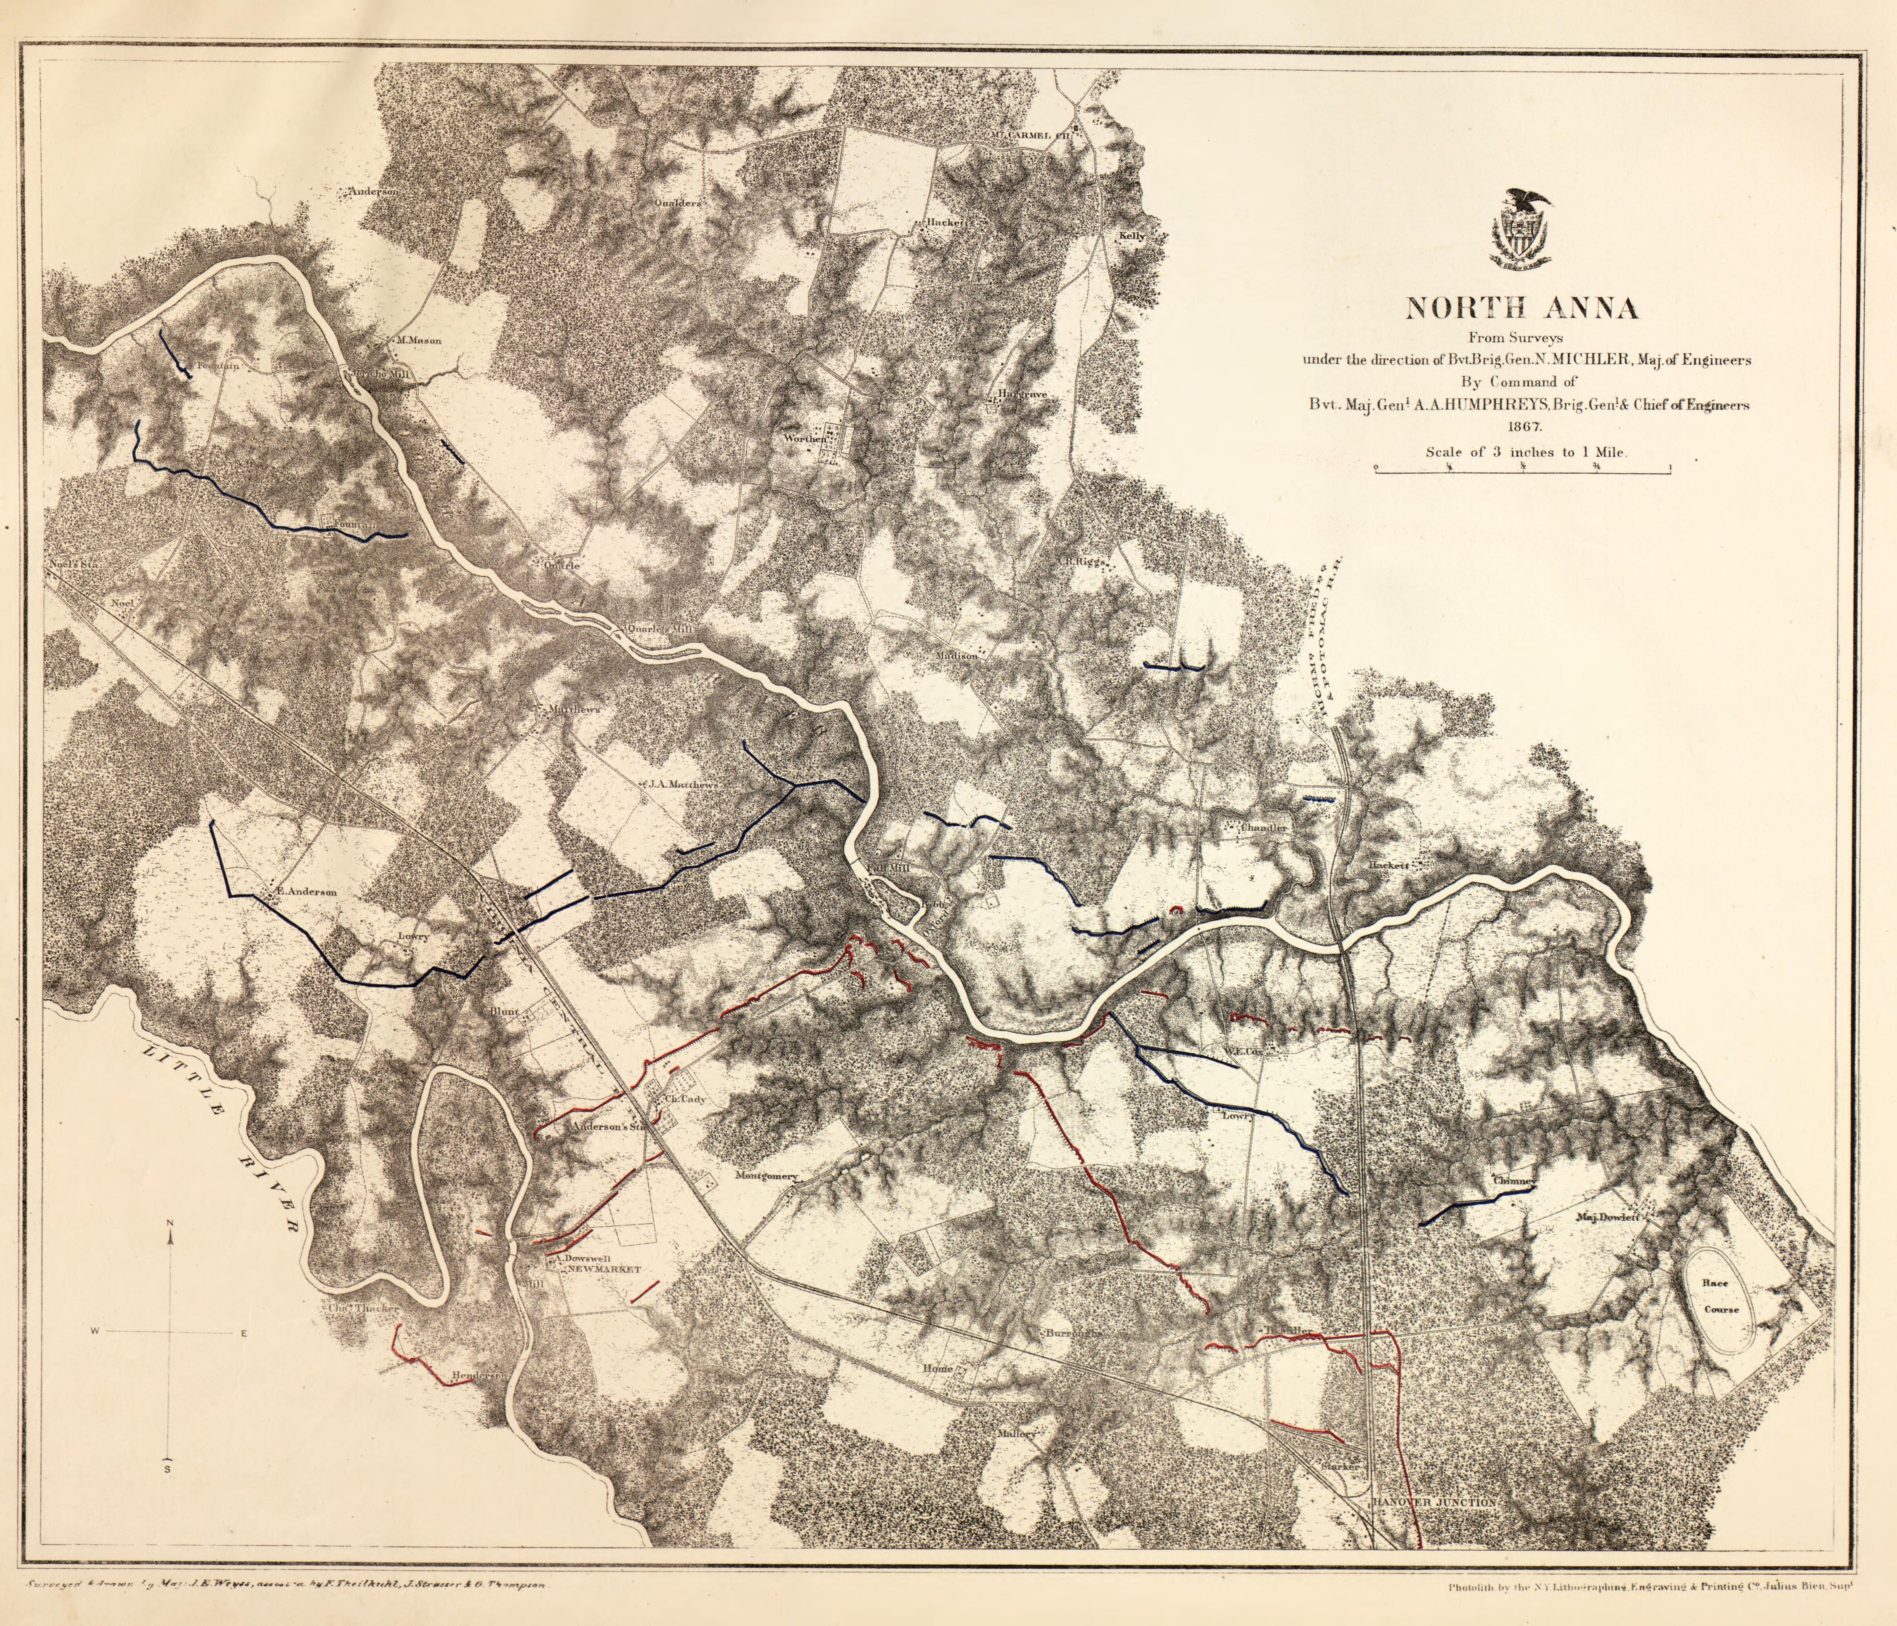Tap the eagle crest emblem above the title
[1522, 230]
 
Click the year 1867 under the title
[1521, 427]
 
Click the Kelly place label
[1132, 236]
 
